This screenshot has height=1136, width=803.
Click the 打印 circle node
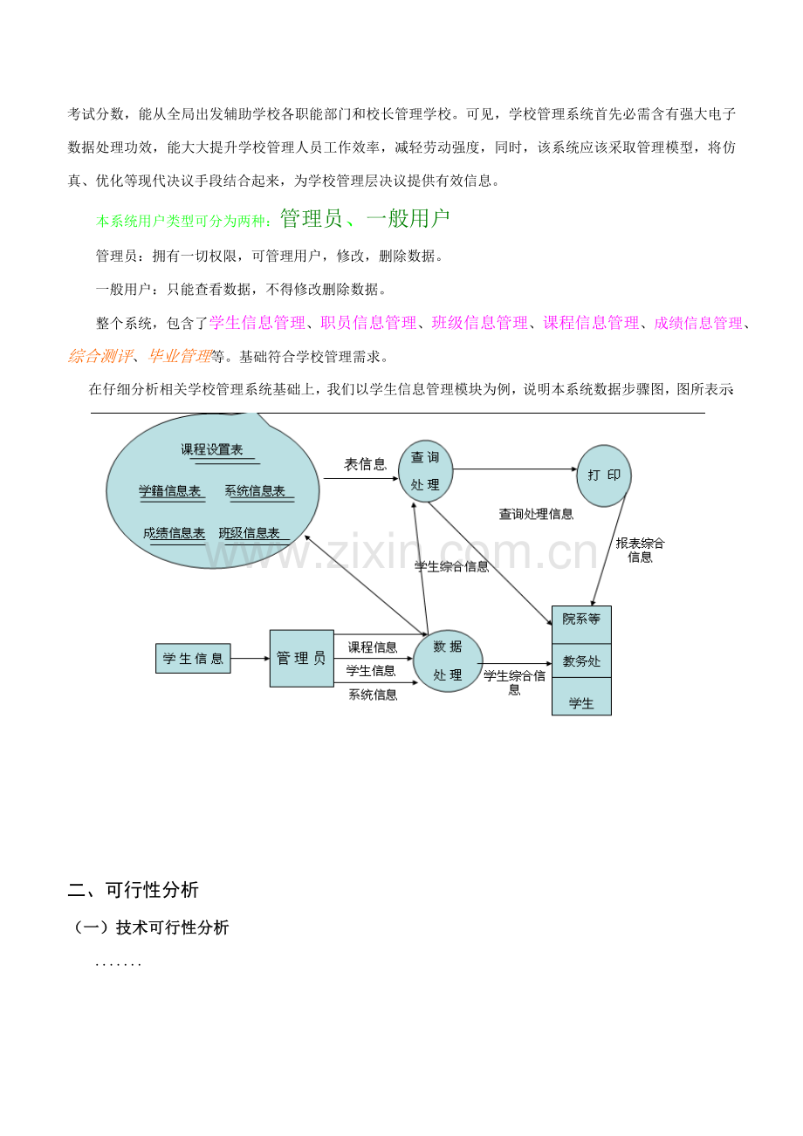pyautogui.click(x=604, y=476)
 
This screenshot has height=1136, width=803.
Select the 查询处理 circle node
pyautogui.click(x=425, y=471)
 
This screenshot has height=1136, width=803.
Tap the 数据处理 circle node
pyautogui.click(x=448, y=660)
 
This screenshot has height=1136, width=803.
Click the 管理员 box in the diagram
pyautogui.click(x=301, y=658)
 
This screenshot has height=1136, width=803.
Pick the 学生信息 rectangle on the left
pyautogui.click(x=193, y=658)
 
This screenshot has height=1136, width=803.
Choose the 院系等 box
pyautogui.click(x=581, y=625)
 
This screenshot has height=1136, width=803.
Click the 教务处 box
pyautogui.click(x=581, y=660)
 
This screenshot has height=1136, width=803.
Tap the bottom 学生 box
pyautogui.click(x=581, y=697)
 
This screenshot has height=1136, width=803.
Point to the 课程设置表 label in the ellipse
pyautogui.click(x=212, y=449)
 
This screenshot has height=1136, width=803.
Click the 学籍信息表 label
pyautogui.click(x=170, y=491)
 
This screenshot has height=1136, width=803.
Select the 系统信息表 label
pyautogui.click(x=255, y=491)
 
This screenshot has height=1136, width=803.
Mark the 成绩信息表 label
pyautogui.click(x=174, y=533)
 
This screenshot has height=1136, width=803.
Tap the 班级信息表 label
pyautogui.click(x=249, y=533)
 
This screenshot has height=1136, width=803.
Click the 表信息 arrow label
pyautogui.click(x=365, y=464)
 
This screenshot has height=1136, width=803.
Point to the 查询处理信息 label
pyautogui.click(x=536, y=514)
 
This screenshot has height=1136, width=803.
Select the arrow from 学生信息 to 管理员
pyautogui.click(x=251, y=658)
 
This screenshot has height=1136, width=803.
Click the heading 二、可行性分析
pyautogui.click(x=133, y=890)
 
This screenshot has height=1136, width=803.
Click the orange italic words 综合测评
pyautogui.click(x=100, y=356)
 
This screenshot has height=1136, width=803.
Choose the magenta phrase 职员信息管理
pyautogui.click(x=368, y=323)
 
